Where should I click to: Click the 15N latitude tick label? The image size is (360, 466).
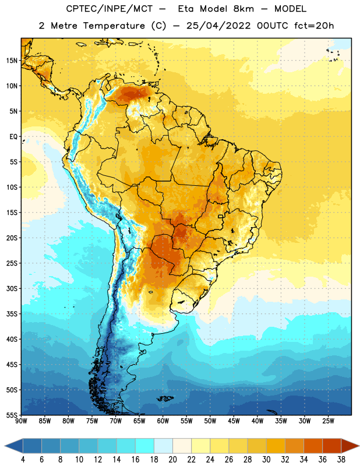(x=12, y=61)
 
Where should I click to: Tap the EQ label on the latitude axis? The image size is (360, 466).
(x=13, y=137)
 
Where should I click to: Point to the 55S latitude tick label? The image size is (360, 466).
(x=12, y=415)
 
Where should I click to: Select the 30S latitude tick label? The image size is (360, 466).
(x=12, y=288)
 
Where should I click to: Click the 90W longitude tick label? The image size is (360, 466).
(x=21, y=421)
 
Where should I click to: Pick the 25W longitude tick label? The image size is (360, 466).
(x=328, y=421)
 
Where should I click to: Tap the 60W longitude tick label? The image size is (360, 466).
(x=163, y=421)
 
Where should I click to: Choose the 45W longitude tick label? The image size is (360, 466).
(x=234, y=421)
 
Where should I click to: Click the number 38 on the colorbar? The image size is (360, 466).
(x=341, y=460)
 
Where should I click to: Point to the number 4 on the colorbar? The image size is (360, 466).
(x=23, y=460)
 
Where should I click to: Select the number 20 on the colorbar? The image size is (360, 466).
(x=172, y=460)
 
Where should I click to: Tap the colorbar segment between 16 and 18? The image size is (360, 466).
(x=145, y=446)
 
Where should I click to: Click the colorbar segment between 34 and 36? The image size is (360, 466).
(x=313, y=446)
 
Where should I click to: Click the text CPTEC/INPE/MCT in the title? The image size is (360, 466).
(x=110, y=9)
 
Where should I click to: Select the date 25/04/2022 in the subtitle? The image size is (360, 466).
(x=219, y=26)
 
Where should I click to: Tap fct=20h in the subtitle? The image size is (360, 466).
(x=314, y=26)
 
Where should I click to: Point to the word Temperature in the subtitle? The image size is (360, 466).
(x=114, y=26)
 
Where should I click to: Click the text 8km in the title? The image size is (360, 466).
(x=243, y=9)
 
